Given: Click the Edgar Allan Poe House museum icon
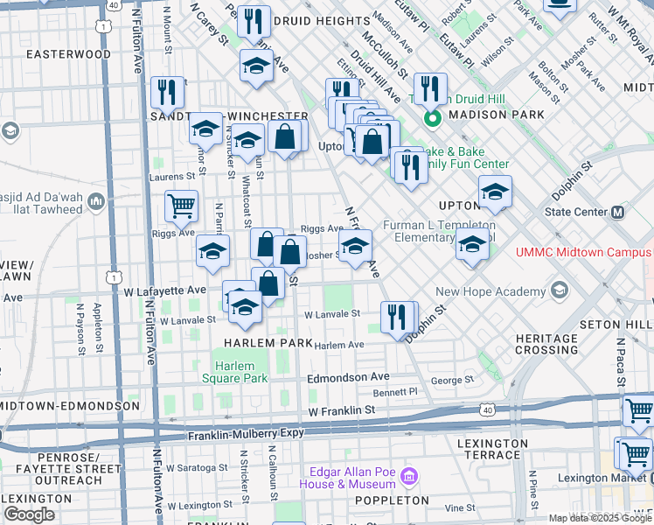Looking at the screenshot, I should (408, 477).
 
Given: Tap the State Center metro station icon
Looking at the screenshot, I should (618, 212).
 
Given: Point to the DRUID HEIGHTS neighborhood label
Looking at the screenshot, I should (321, 20).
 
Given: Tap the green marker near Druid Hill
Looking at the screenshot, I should (430, 118).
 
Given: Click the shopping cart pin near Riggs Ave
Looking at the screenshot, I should (181, 206).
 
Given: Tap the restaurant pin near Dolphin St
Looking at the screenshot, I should (399, 318).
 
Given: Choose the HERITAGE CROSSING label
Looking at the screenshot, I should (546, 344).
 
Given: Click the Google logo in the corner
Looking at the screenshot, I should (29, 514).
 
